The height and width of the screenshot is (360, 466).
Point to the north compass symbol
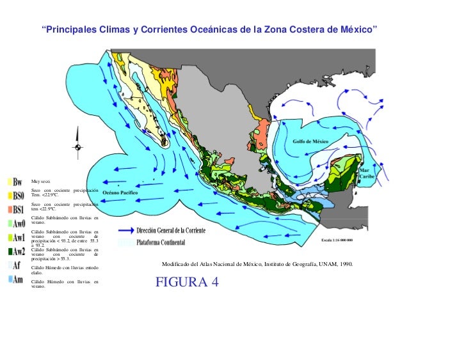[x=77, y=146]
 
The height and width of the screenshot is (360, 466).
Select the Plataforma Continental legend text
[x=161, y=243]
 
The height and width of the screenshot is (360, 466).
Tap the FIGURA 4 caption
[x=187, y=282]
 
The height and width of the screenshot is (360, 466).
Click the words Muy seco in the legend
[x=40, y=182]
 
